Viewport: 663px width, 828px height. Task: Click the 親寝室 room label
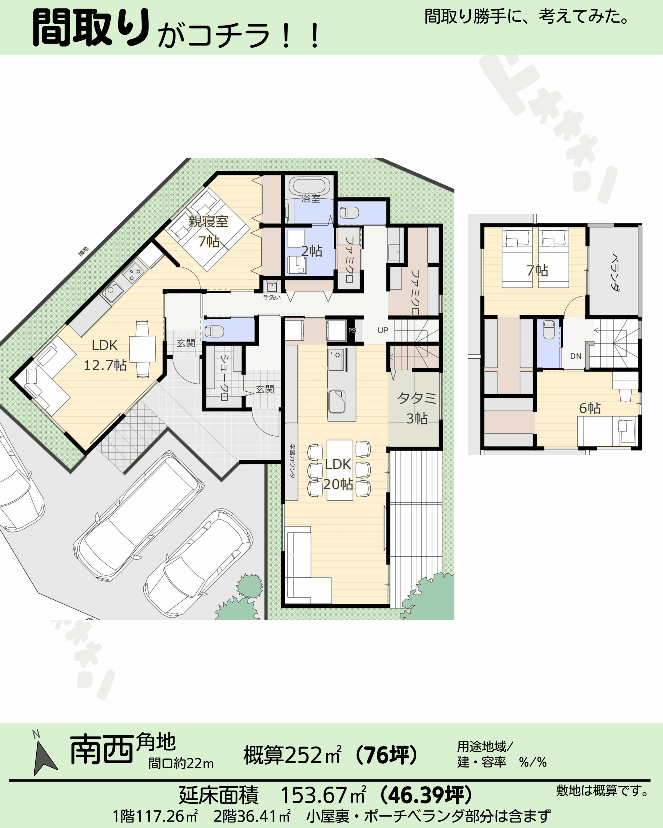(x=208, y=222)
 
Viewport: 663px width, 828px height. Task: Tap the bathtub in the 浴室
(x=310, y=187)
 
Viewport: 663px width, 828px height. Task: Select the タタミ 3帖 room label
(x=417, y=408)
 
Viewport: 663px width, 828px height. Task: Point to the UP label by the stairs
(x=383, y=330)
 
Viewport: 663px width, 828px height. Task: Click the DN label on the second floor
(x=576, y=356)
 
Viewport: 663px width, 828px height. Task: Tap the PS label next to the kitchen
(x=352, y=330)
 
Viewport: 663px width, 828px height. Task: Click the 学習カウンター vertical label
(x=292, y=461)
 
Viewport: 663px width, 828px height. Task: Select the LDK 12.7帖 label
(x=105, y=355)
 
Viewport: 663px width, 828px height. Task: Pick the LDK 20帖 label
(x=338, y=474)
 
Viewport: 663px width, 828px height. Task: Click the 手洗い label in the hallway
(x=272, y=298)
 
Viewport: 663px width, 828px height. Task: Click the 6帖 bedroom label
(x=590, y=408)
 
